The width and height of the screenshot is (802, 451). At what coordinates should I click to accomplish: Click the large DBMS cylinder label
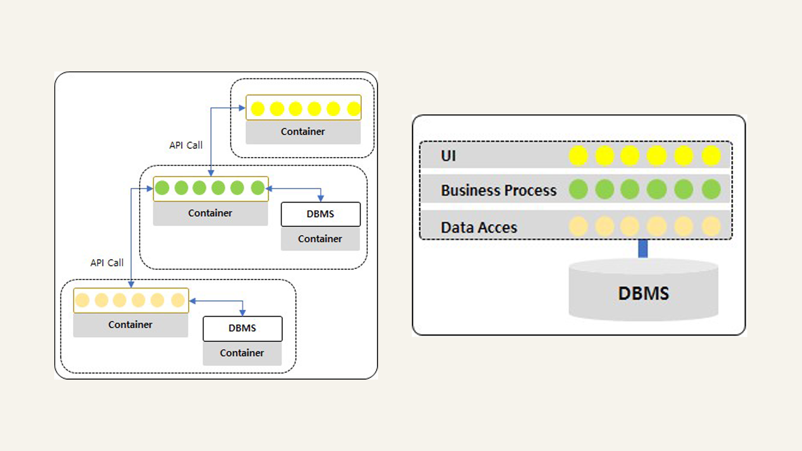643,293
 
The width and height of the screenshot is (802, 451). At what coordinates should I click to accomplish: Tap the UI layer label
448,156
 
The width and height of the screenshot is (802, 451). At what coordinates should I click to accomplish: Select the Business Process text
499,190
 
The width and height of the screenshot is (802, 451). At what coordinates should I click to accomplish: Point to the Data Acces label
479,228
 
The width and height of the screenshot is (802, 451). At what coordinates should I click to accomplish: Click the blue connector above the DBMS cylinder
643,248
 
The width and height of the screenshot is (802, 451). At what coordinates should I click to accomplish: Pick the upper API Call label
186,145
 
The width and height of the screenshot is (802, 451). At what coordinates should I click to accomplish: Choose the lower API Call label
107,263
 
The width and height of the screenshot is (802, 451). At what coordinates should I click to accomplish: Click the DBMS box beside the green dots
321,214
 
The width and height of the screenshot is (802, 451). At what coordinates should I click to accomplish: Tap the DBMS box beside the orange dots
243,329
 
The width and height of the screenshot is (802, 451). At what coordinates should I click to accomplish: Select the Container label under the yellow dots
303,132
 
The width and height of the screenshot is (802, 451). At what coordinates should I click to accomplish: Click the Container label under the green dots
210,213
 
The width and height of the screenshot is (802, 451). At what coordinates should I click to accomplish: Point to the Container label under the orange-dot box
130,324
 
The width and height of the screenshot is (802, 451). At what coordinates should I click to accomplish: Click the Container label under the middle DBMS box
320,239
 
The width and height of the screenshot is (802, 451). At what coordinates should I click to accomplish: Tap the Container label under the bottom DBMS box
242,353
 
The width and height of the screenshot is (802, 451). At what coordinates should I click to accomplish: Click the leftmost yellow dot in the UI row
579,156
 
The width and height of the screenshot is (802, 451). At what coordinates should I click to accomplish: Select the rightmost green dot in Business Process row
711,189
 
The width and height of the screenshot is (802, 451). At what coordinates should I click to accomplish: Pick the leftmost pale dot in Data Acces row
579,226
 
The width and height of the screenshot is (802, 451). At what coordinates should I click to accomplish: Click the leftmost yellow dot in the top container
258,109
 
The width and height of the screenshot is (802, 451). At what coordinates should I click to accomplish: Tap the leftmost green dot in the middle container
162,188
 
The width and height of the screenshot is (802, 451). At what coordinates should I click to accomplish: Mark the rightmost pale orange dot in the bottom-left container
178,300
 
